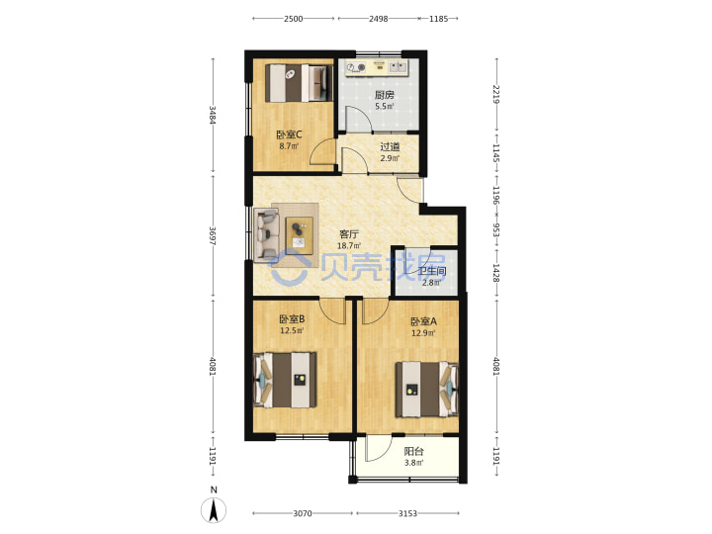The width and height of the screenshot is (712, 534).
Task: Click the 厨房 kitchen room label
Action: click(384, 95)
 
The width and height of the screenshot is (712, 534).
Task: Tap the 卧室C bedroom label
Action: click(289, 134)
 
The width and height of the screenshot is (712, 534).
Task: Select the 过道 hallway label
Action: click(390, 147)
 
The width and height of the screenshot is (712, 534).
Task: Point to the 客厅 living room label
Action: click(349, 234)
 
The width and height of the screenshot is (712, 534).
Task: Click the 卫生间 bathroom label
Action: click(432, 272)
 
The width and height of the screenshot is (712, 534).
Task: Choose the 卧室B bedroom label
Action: click(292, 319)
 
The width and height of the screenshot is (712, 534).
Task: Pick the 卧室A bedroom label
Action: click(423, 321)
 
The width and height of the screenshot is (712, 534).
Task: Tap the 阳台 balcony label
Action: click(414, 452)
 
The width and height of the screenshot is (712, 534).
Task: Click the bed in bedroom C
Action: click(299, 83)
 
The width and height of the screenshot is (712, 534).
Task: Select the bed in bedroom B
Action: click(285, 380)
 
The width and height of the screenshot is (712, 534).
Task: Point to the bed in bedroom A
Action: click(427, 390)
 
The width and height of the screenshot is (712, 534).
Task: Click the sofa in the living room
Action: click(267, 234)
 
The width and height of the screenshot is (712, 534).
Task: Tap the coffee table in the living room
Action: click(300, 235)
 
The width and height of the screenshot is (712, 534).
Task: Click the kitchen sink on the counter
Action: click(398, 67)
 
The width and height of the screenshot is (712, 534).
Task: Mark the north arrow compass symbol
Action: click(214, 509)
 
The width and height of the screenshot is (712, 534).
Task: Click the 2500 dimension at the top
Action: click(294, 19)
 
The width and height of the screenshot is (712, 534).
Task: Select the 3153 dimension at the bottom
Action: click(407, 513)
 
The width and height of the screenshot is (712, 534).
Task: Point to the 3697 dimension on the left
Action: click(213, 236)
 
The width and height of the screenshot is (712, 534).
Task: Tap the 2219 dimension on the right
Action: click(496, 95)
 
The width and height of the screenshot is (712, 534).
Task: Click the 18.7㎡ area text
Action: click(349, 246)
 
